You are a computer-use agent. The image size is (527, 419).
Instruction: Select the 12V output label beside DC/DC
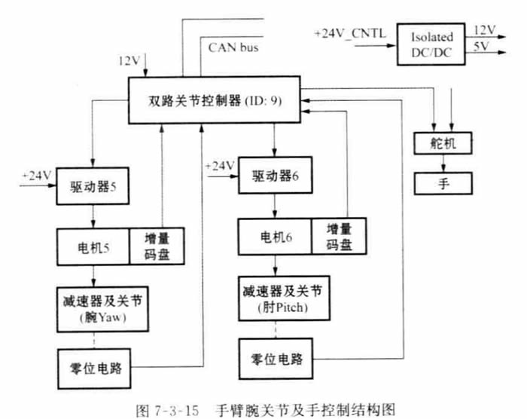484,30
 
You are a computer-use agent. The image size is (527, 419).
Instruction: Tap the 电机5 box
93,244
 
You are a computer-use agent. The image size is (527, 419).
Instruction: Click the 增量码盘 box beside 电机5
156,244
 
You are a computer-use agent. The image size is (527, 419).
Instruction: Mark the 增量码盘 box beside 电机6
338,237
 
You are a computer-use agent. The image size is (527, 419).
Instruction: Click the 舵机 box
443,143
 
